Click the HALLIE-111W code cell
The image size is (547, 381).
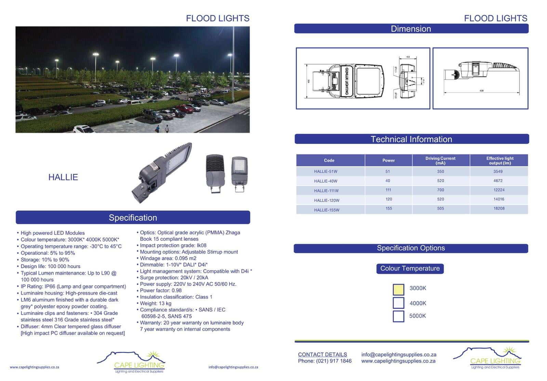point(326,191)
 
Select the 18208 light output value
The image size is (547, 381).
point(499,208)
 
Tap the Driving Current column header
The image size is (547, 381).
point(440,161)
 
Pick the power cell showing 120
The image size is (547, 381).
point(389,199)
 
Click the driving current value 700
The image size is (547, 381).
point(440,190)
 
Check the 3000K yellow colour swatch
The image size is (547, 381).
point(398,289)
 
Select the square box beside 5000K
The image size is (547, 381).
point(398,316)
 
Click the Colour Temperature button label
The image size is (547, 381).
point(410,269)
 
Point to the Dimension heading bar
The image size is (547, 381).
point(411,29)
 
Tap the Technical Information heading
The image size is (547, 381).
point(411,139)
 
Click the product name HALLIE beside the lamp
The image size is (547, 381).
point(63,177)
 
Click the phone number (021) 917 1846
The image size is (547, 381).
point(334,361)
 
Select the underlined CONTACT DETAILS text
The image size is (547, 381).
point(322,355)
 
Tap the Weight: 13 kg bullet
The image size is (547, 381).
point(156,303)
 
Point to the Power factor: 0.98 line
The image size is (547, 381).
point(161,291)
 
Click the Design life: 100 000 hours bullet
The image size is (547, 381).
point(50,266)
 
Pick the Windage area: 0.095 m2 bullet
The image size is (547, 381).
point(168,258)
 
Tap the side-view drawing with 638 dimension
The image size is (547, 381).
point(480,78)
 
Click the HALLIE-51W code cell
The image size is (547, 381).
point(325,172)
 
